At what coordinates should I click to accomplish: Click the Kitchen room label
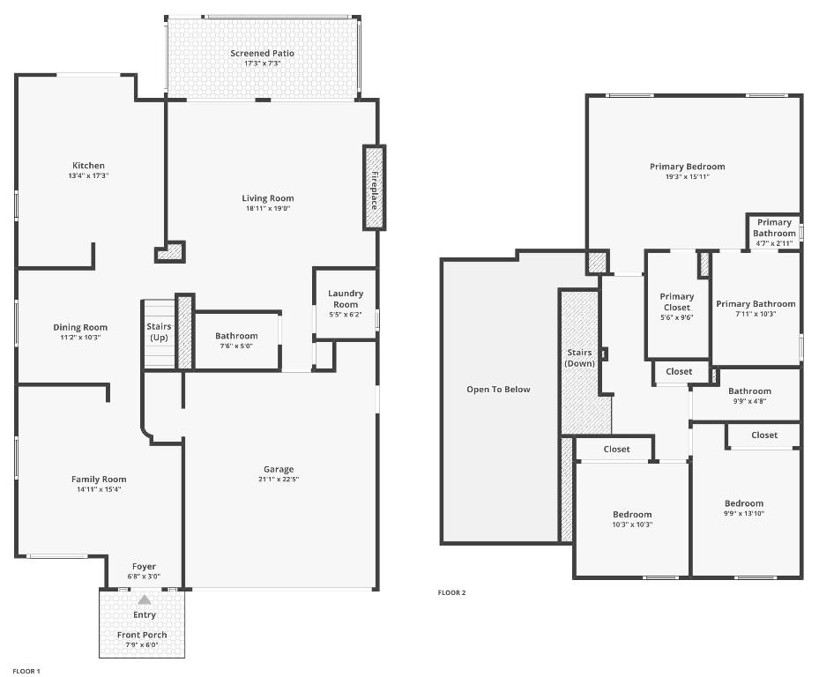pyautogui.click(x=88, y=166)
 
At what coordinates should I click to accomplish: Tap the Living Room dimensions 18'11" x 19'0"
pyautogui.click(x=268, y=209)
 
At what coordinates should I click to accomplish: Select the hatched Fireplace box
pyautogui.click(x=374, y=188)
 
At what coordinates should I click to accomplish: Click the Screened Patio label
pyautogui.click(x=263, y=54)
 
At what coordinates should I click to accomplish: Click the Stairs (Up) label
pyautogui.click(x=159, y=332)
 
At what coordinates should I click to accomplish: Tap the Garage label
pyautogui.click(x=279, y=469)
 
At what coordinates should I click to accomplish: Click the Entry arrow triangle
pyautogui.click(x=144, y=599)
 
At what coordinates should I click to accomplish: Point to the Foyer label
pyautogui.click(x=144, y=567)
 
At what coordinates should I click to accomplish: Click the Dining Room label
pyautogui.click(x=80, y=328)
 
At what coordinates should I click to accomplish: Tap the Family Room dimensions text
pyautogui.click(x=99, y=489)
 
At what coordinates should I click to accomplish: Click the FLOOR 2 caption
pyautogui.click(x=451, y=592)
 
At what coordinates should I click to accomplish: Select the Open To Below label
pyautogui.click(x=498, y=390)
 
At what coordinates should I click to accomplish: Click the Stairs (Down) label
pyautogui.click(x=579, y=358)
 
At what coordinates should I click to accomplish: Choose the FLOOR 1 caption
pyautogui.click(x=26, y=671)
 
